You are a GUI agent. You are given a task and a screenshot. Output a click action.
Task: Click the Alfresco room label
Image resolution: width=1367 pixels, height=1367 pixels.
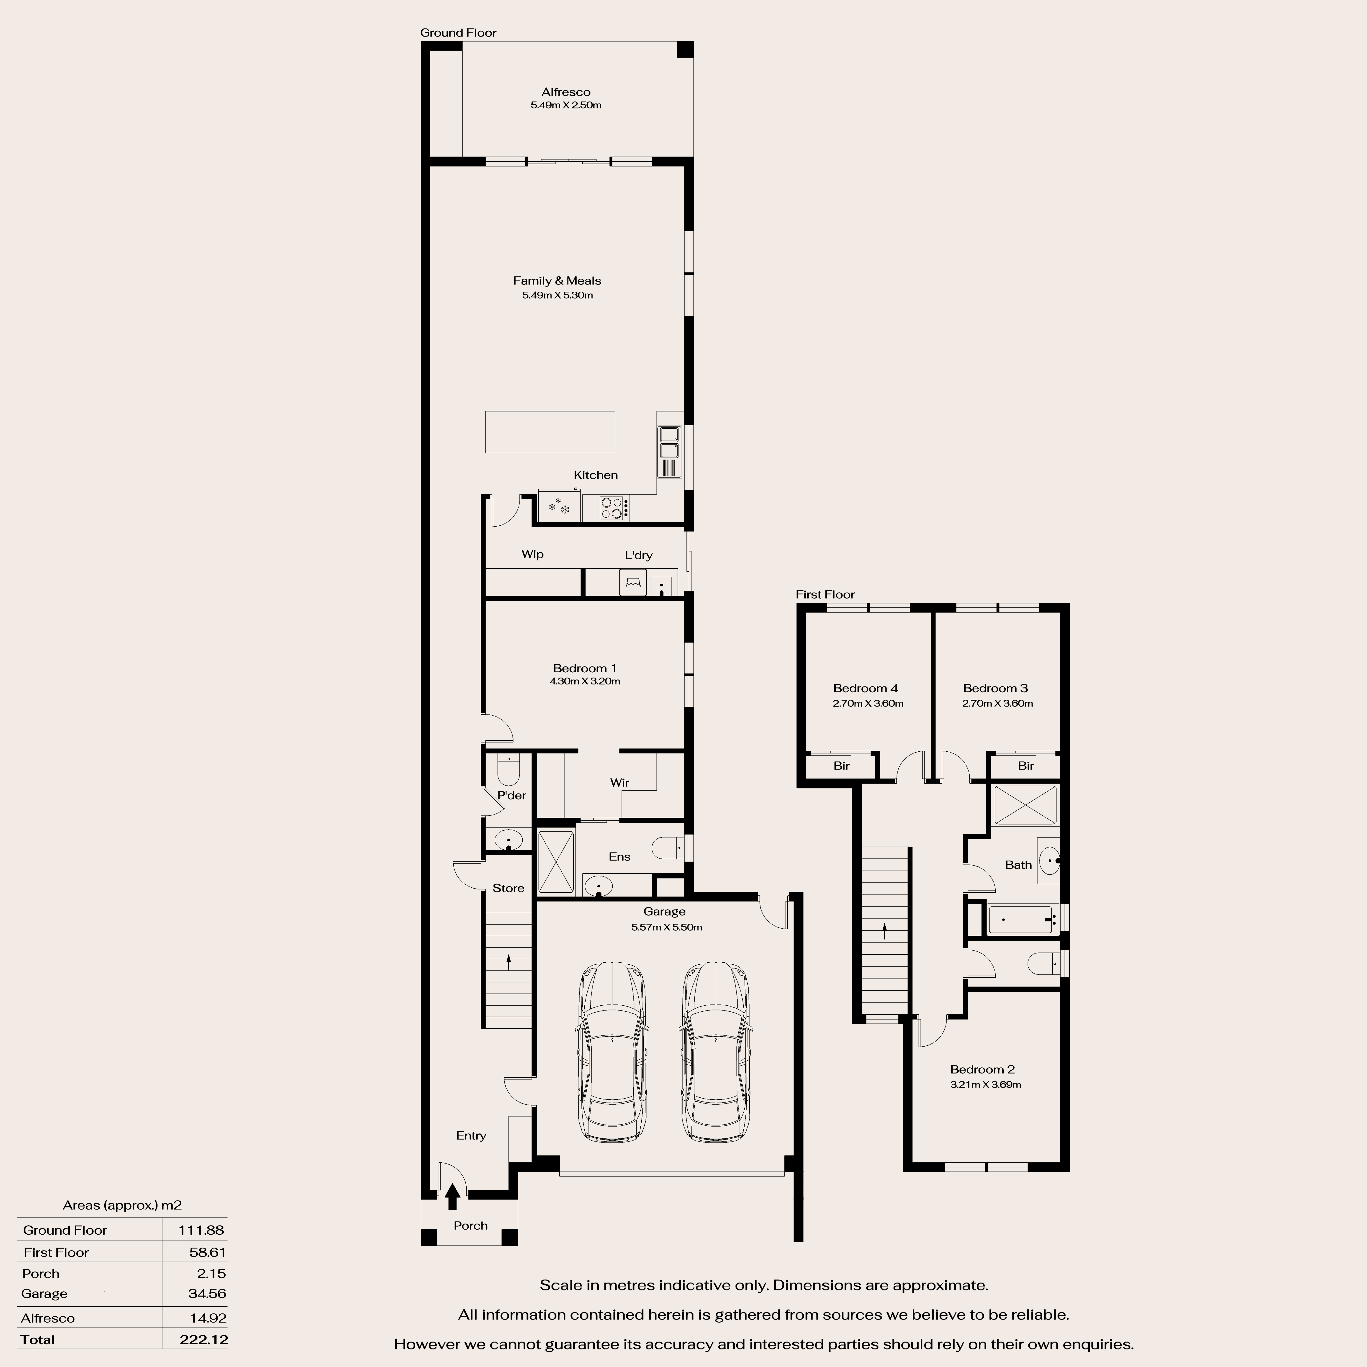point(566,92)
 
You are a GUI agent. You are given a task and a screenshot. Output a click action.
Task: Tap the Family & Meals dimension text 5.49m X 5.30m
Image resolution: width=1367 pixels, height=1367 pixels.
point(558,295)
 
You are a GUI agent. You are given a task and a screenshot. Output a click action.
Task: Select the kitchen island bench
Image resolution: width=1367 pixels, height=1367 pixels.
point(550,432)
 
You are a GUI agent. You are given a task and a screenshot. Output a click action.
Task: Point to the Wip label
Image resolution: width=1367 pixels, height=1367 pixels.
point(533,554)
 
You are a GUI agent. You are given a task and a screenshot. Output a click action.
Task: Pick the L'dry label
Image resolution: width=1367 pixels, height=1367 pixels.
point(638,555)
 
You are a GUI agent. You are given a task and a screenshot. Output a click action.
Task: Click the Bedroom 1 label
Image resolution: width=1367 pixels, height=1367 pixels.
point(585,668)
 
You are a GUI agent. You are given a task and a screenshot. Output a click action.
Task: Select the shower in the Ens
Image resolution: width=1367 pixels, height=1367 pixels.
point(556,861)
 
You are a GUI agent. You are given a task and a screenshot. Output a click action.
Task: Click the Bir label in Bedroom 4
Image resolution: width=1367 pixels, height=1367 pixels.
point(841,766)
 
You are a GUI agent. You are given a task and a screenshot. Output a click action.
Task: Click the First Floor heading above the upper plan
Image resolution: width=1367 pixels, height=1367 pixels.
point(825,594)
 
